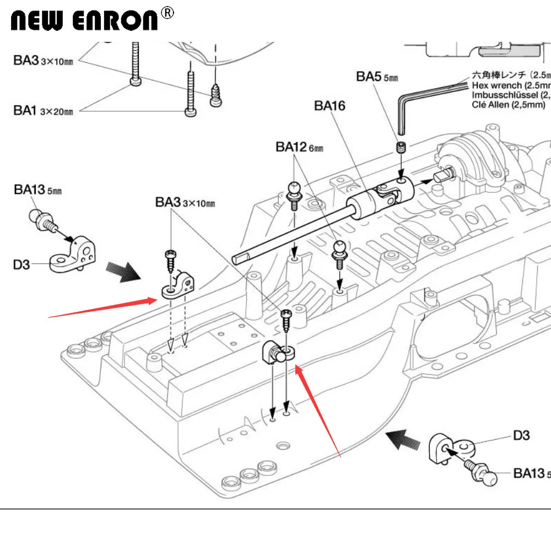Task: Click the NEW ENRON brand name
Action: click(x=85, y=20)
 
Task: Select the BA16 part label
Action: click(x=329, y=105)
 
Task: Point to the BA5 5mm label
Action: click(x=376, y=77)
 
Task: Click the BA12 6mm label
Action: click(x=299, y=147)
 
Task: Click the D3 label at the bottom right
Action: click(x=521, y=435)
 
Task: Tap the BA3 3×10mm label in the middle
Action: click(x=185, y=202)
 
